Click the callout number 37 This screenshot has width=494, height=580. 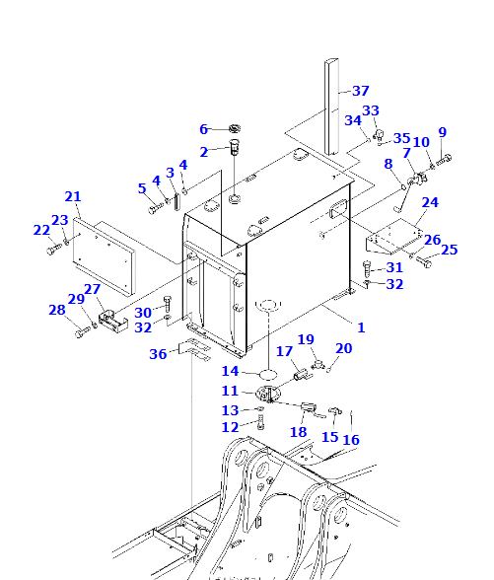361,91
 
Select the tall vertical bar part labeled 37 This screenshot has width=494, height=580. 331,107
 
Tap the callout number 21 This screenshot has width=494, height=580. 73,196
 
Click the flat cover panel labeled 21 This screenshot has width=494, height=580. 104,257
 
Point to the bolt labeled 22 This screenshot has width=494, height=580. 54,249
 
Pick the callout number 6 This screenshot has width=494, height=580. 203,129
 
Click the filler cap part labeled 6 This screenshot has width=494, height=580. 234,128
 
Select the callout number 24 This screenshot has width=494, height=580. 430,202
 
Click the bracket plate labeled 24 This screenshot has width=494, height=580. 394,237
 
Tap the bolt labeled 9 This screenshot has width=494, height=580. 444,161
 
